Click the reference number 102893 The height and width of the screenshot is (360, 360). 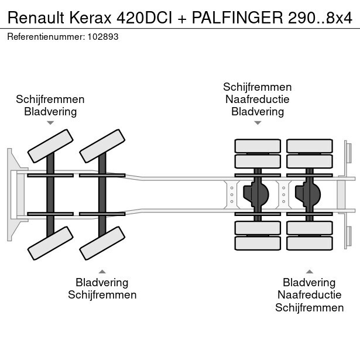pos(103,36)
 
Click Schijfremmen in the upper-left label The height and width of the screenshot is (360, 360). pos(50,100)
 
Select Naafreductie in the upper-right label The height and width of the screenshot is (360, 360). pos(258,100)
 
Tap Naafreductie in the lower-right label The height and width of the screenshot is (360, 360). pos(310,295)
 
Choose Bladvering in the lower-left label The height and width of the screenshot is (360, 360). pos(102,283)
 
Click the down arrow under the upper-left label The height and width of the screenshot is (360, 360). pos(50,123)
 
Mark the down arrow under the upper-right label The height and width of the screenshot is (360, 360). pos(258,123)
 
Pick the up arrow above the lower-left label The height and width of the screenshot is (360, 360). pos(102,271)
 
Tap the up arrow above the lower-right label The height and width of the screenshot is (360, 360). pos(310,271)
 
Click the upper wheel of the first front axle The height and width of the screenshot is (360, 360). pos(50,145)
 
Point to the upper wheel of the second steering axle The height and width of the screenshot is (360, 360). pos(102,145)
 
